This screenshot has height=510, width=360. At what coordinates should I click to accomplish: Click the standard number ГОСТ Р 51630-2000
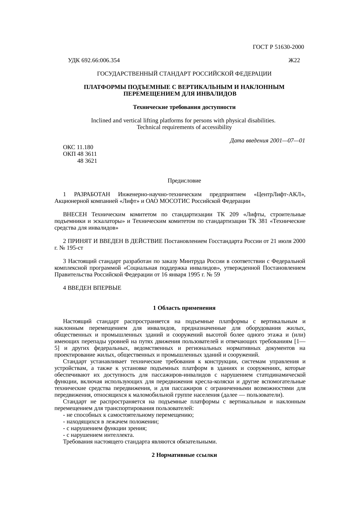click(278, 47)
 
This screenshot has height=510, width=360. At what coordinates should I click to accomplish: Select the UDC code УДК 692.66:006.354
click(94, 60)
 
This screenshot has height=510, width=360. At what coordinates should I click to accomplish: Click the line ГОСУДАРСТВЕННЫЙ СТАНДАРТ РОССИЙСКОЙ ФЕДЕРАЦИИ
click(184, 74)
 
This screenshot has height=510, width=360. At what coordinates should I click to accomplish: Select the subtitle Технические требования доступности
click(184, 107)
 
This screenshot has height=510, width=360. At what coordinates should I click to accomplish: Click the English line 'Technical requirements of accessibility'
click(184, 127)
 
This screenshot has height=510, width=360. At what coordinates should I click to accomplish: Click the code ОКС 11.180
click(78, 147)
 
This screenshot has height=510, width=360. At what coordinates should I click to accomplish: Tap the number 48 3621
click(87, 161)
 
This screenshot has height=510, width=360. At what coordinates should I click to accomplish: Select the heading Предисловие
click(184, 181)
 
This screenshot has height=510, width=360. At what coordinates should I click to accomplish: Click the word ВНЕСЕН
click(75, 214)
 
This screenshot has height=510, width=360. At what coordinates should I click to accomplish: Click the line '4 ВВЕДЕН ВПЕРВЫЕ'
click(92, 288)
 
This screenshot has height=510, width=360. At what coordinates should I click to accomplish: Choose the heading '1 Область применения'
click(184, 308)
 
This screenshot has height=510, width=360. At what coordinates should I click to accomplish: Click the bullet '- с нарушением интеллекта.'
click(99, 435)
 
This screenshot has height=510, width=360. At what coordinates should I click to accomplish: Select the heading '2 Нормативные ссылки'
click(184, 455)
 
